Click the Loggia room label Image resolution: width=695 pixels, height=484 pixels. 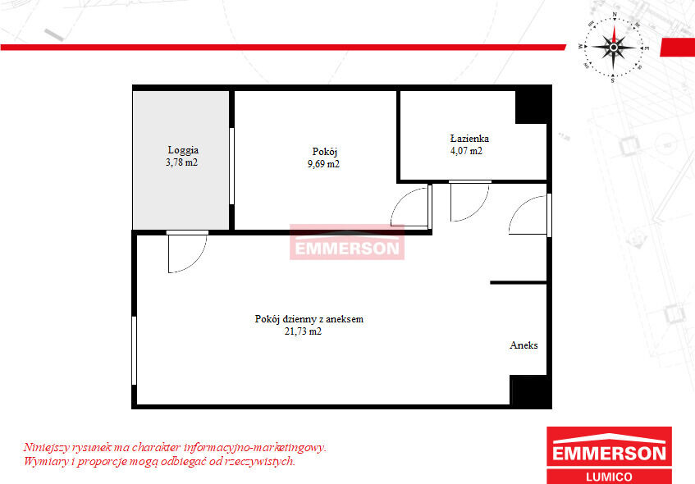(183, 150)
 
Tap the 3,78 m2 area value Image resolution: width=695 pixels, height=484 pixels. (181, 162)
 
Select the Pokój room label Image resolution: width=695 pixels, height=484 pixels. (324, 152)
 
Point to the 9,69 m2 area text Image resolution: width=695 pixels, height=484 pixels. (323, 164)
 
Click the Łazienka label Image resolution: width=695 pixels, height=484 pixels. (469, 139)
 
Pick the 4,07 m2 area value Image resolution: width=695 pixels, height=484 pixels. (466, 151)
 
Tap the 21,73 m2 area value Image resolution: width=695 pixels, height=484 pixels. (303, 331)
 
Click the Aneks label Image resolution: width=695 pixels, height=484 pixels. (524, 345)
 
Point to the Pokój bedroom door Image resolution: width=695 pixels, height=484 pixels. (411, 208)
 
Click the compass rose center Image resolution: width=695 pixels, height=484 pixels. (614, 47)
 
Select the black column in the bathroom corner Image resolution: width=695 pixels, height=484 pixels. (533, 106)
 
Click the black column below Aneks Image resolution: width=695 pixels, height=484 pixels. (530, 391)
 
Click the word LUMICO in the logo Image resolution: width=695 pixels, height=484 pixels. (609, 477)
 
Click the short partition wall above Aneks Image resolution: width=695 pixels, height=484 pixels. (518, 282)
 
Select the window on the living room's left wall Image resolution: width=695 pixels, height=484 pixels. (134, 350)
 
